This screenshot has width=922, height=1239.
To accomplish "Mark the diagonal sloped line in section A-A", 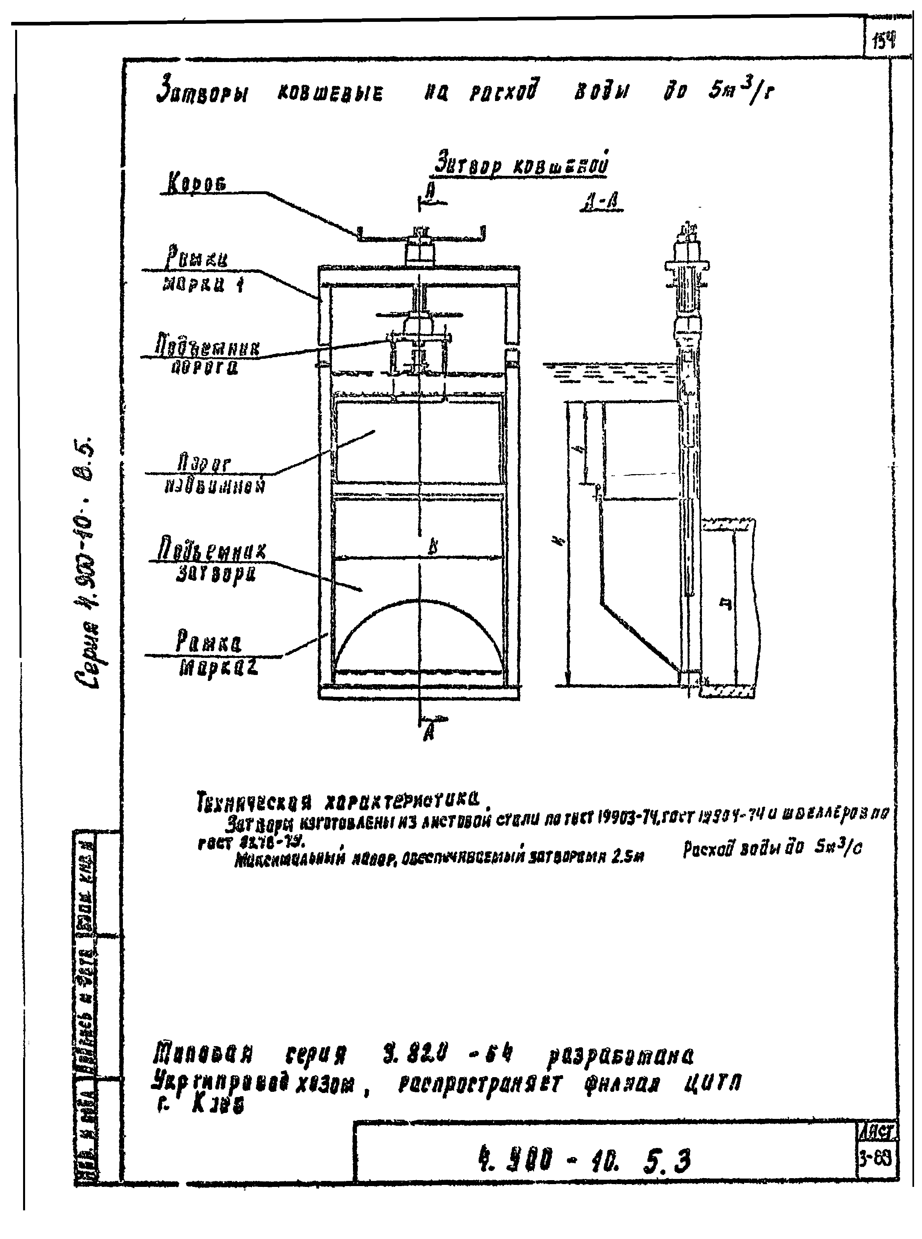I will point(639,636).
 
